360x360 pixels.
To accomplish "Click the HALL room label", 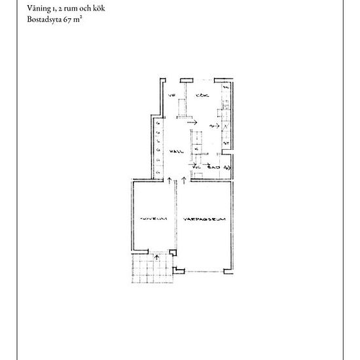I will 175,151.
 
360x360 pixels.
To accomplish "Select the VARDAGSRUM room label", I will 204,220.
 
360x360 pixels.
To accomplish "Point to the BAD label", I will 213,168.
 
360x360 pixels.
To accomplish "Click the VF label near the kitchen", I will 172,97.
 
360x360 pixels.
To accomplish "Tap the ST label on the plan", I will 226,143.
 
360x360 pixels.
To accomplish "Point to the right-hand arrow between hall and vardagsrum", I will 184,179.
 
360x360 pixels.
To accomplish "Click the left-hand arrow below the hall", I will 169,179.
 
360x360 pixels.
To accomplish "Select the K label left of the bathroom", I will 196,149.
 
